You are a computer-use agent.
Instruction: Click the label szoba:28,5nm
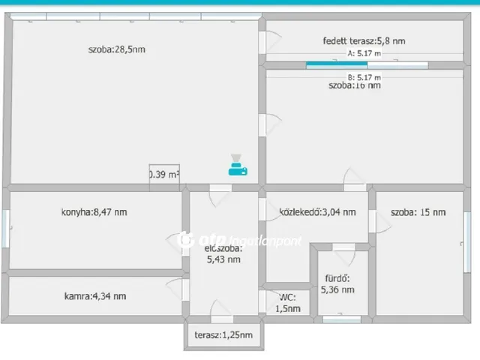[x=116, y=50]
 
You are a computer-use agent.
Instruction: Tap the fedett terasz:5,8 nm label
[x=364, y=41]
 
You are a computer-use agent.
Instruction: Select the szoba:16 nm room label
[x=354, y=85]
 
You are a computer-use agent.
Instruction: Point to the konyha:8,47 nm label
[x=94, y=212]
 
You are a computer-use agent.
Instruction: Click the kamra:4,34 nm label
[x=95, y=295]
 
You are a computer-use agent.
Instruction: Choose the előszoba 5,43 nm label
[x=223, y=253]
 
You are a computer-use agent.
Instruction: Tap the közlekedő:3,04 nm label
[x=317, y=212]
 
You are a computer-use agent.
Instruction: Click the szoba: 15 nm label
[x=418, y=212]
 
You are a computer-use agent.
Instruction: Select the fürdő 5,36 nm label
[x=337, y=284]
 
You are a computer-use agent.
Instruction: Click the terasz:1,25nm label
[x=223, y=335]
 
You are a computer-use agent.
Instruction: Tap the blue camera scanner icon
[x=238, y=165]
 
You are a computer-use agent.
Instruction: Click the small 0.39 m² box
[x=164, y=175]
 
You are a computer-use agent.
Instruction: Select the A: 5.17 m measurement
[x=364, y=54]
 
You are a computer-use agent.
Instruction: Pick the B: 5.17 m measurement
[x=364, y=76]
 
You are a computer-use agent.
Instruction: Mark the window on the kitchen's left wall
[x=7, y=227]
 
